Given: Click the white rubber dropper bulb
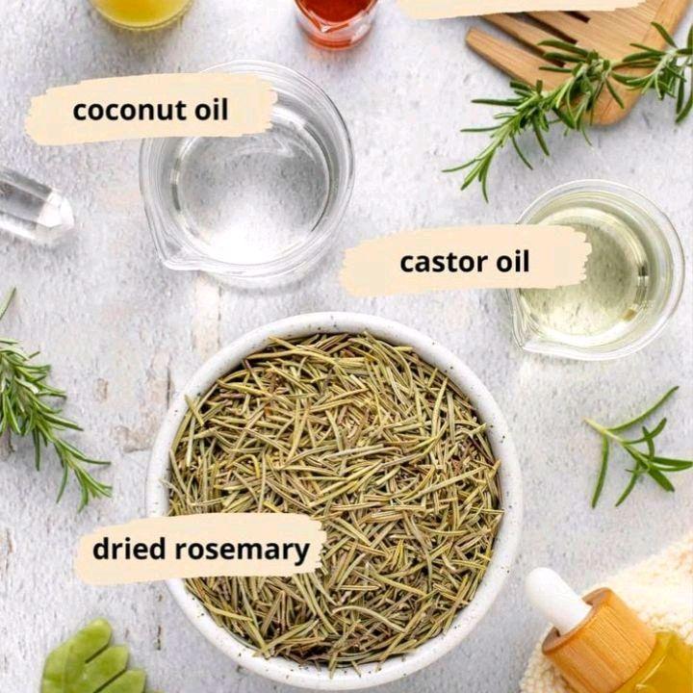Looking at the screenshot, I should click(x=555, y=598).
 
